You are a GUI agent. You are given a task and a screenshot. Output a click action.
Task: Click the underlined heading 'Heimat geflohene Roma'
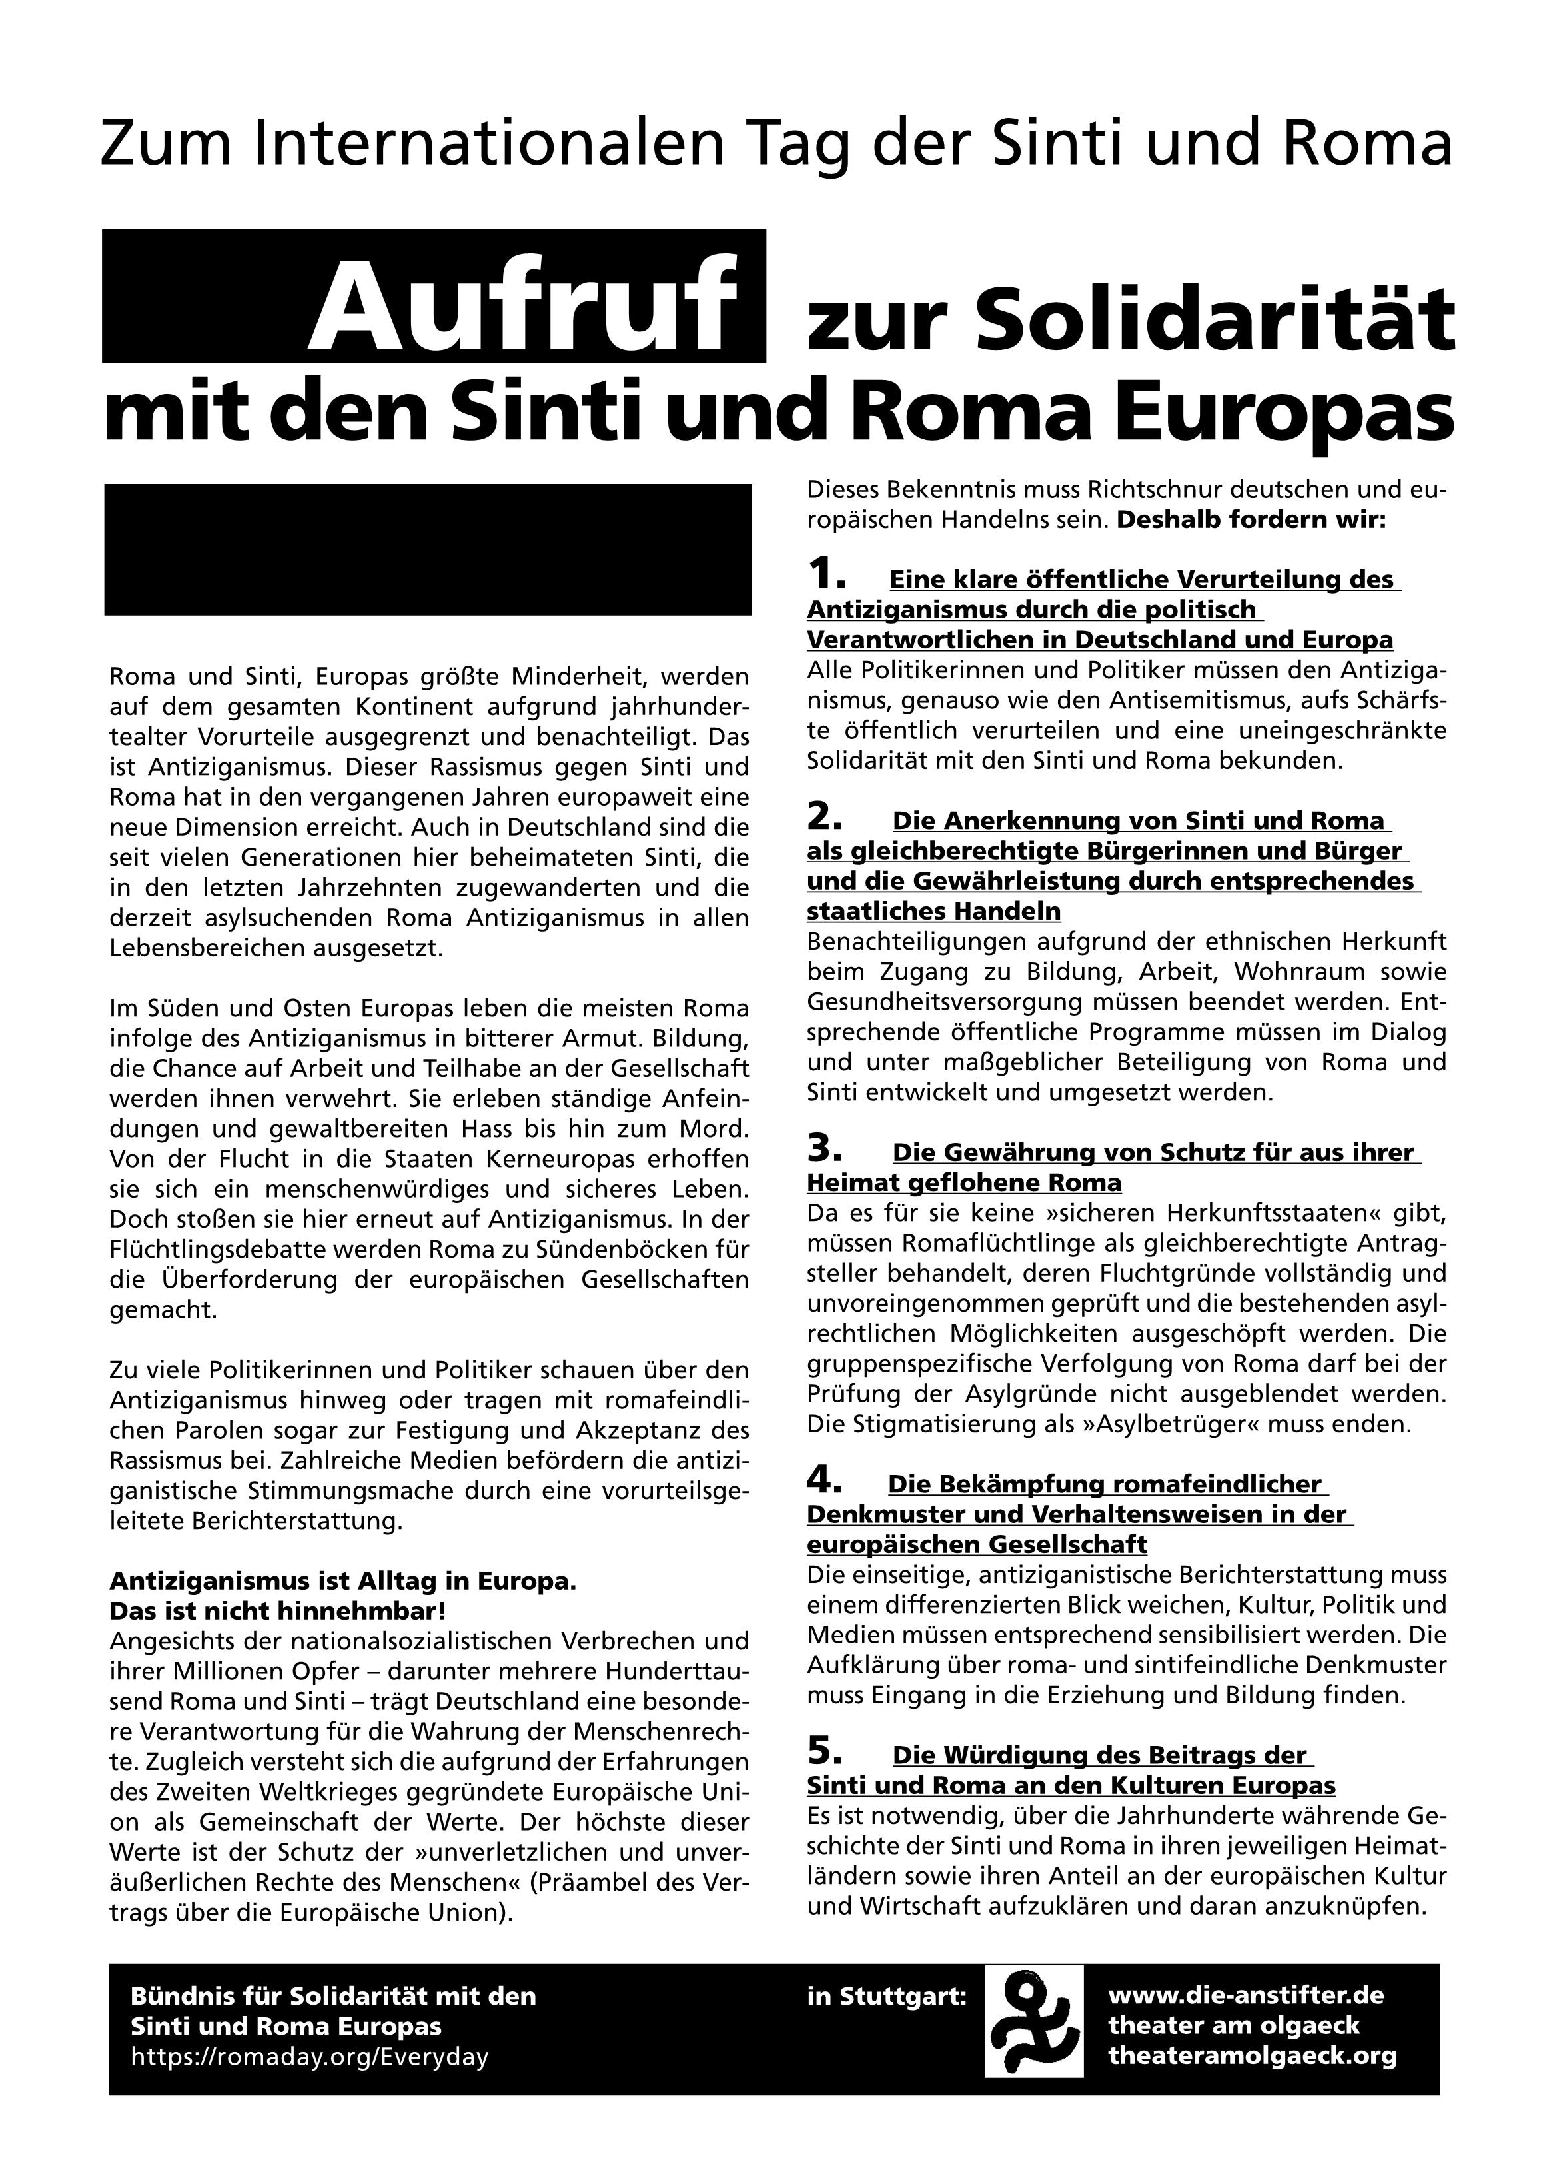tap(963, 1183)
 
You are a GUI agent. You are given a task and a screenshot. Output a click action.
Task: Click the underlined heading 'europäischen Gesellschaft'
tap(977, 1544)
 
